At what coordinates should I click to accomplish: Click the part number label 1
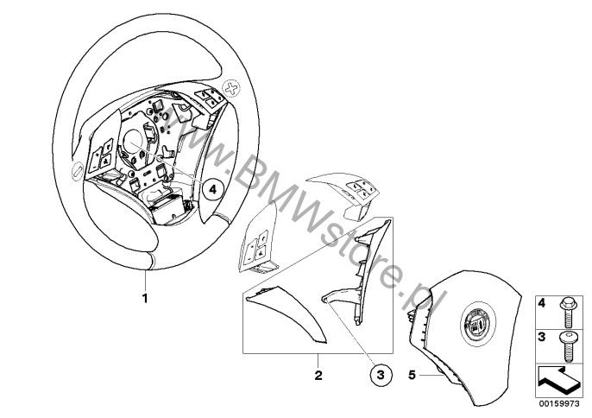coord(145,298)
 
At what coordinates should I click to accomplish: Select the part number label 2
coord(318,376)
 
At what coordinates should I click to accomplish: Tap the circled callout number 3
coord(381,375)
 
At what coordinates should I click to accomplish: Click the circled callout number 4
coord(212,190)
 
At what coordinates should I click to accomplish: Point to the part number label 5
coord(412,376)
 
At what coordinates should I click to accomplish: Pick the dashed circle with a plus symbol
coord(231,89)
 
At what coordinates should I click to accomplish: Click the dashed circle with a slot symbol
coord(76,172)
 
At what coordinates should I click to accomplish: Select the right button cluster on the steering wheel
coord(210,98)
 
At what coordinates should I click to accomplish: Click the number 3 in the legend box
coord(542,337)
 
